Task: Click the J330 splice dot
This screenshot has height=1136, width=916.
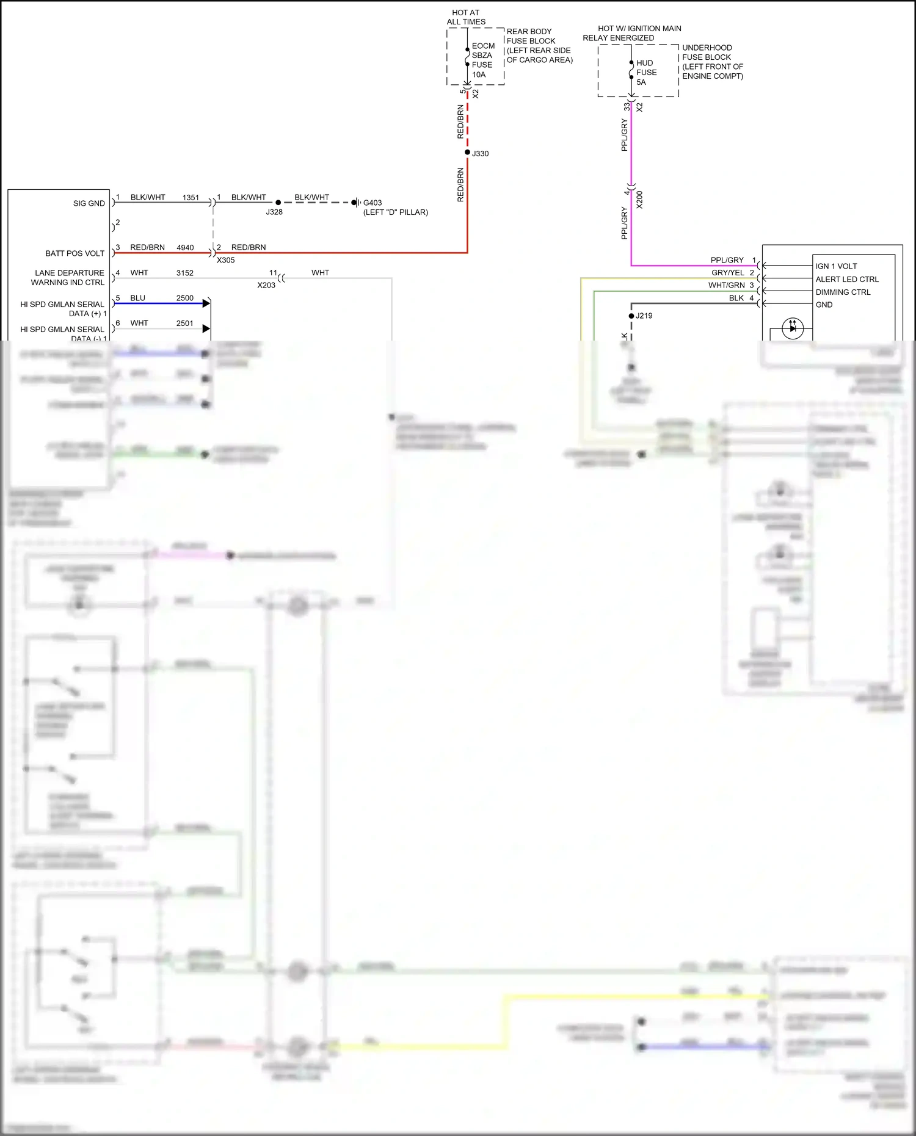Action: click(467, 152)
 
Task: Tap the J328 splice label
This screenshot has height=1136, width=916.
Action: click(274, 212)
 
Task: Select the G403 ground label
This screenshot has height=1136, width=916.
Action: click(373, 203)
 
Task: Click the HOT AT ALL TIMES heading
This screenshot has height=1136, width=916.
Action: click(466, 17)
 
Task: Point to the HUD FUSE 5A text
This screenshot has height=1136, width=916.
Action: click(646, 72)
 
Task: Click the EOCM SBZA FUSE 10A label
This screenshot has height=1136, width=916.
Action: click(482, 60)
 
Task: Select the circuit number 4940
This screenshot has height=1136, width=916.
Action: click(185, 247)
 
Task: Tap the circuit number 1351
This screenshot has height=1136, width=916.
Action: click(191, 197)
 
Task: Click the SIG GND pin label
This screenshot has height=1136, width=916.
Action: click(89, 203)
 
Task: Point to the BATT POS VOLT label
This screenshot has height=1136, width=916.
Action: click(75, 253)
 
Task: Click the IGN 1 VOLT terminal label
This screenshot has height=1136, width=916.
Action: click(836, 266)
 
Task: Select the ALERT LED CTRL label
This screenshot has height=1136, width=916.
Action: click(846, 279)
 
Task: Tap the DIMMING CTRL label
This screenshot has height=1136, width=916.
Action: click(843, 292)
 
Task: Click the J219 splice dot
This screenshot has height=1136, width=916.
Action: click(631, 316)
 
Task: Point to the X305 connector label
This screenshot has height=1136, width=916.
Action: click(225, 260)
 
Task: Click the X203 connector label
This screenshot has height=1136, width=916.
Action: click(266, 285)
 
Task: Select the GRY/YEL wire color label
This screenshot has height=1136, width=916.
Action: click(727, 273)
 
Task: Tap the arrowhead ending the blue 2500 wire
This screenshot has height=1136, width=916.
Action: click(206, 303)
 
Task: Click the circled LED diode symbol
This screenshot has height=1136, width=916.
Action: click(793, 328)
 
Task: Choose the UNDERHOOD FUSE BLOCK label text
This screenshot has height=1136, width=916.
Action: click(712, 62)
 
